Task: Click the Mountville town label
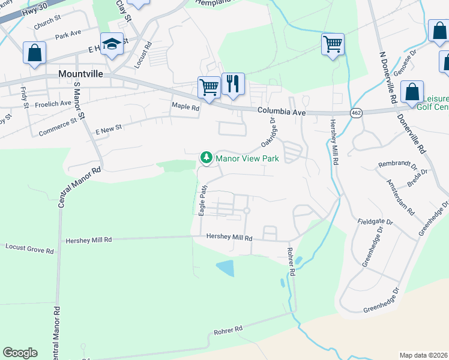(x=80, y=73)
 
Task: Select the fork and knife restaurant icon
(x=233, y=84)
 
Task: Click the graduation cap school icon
(x=112, y=44)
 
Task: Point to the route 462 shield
(x=357, y=113)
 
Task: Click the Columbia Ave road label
(x=282, y=112)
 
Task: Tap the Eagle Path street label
(x=203, y=200)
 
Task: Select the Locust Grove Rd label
(x=29, y=247)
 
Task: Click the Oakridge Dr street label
(x=268, y=132)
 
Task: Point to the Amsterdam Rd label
(x=400, y=197)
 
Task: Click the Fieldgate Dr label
(x=375, y=222)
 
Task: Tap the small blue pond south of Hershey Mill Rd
(x=225, y=268)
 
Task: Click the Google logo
(x=20, y=353)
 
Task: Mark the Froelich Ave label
(x=53, y=103)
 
